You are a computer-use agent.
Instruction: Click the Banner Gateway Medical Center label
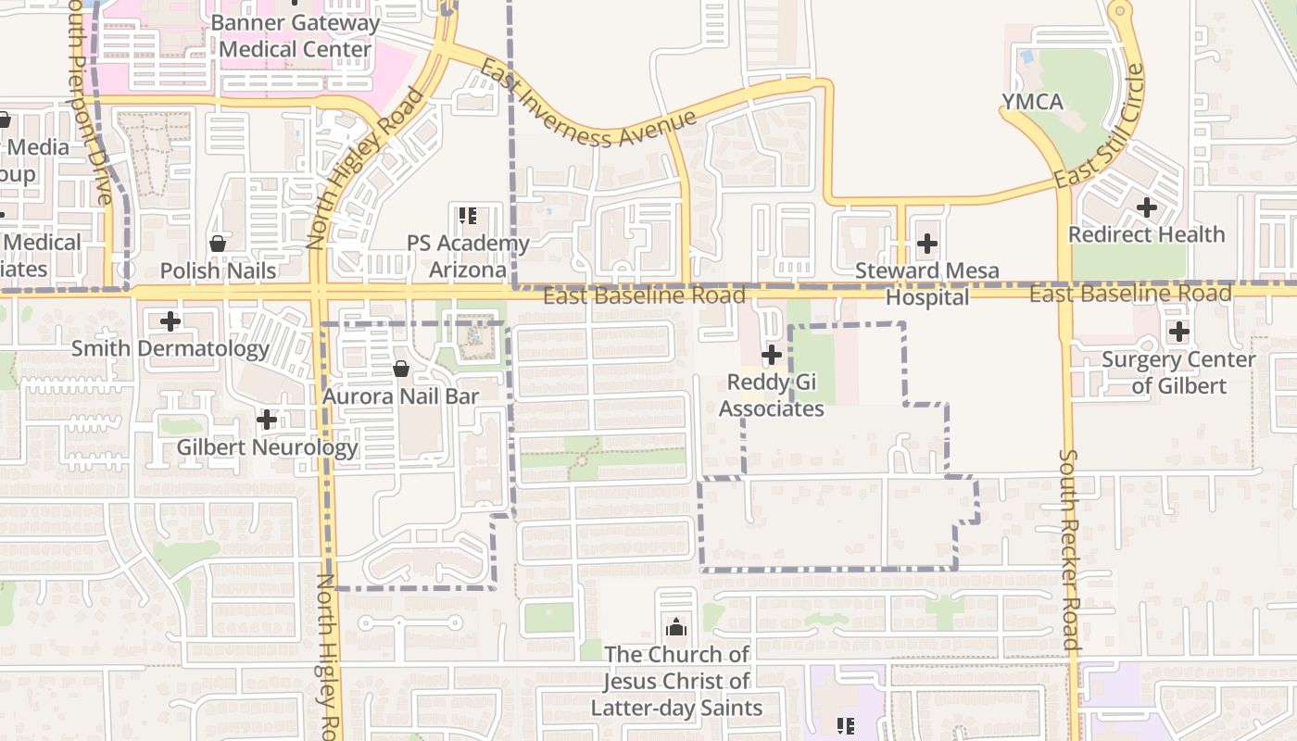tap(296, 36)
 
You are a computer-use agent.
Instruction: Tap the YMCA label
tap(1032, 102)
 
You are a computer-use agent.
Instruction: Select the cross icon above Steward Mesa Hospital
tap(926, 245)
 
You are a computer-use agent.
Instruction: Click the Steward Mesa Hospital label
tap(926, 283)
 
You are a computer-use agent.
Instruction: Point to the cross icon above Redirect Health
tap(1147, 207)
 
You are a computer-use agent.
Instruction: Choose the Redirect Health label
tap(1147, 234)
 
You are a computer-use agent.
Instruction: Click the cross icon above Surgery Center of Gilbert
tap(1178, 331)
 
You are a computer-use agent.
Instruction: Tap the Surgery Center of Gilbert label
tap(1178, 372)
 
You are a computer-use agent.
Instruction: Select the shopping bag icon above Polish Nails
tap(218, 244)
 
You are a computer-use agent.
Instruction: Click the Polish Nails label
tap(218, 270)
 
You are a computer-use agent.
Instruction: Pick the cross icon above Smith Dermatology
tap(170, 321)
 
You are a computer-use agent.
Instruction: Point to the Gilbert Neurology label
tap(267, 448)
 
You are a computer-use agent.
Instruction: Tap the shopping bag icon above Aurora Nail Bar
tap(401, 369)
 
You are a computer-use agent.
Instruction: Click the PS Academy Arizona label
tap(468, 257)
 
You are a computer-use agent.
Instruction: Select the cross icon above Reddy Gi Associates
tap(771, 355)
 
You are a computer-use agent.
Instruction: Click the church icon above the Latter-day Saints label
tap(676, 627)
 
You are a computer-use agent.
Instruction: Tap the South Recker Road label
tap(1069, 549)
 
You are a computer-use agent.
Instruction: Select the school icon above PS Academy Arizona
tap(468, 217)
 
